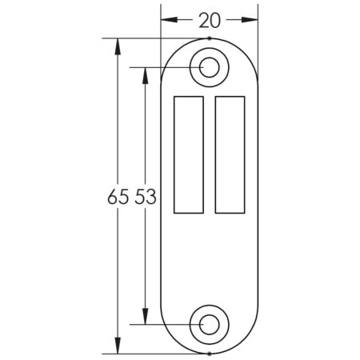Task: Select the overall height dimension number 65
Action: [x=117, y=197]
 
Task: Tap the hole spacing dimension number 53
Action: [x=145, y=197]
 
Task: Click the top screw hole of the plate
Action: [x=209, y=66]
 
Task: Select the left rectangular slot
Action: [x=188, y=154]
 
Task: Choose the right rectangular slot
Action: [x=230, y=154]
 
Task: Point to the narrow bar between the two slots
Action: [x=209, y=154]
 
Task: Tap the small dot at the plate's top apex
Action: [x=209, y=38]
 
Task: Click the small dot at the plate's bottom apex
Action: [x=209, y=353]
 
